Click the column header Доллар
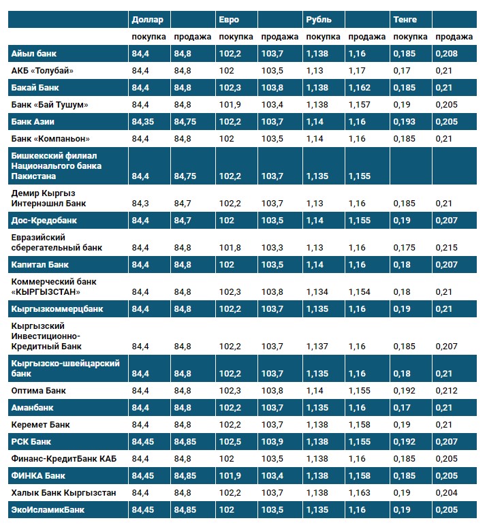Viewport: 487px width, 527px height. click(147, 19)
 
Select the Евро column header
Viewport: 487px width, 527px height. click(229, 19)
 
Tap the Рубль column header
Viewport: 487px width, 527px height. click(319, 19)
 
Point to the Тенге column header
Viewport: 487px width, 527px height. click(405, 19)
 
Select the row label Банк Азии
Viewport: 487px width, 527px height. click(33, 121)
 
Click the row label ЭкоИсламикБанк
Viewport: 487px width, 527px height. click(46, 509)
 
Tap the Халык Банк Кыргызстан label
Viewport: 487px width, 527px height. click(63, 492)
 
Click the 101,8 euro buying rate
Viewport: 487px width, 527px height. click(230, 247)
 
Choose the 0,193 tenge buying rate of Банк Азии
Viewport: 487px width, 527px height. click(405, 121)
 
